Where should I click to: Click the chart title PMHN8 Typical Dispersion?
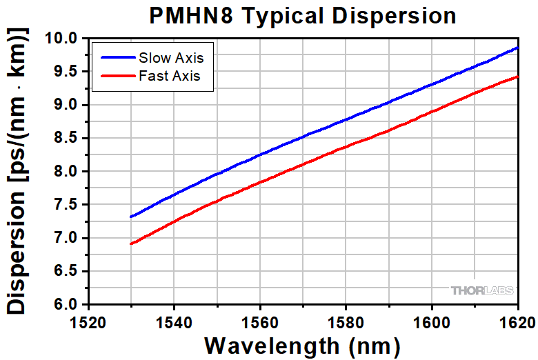click(x=303, y=15)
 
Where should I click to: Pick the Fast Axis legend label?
click(x=170, y=76)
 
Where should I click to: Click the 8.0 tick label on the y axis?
click(x=66, y=172)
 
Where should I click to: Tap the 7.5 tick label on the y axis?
click(x=66, y=205)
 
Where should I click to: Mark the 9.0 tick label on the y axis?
click(x=66, y=106)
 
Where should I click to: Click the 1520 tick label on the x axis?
click(x=88, y=321)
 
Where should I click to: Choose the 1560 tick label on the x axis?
click(x=259, y=321)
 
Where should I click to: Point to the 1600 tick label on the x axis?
click(x=431, y=321)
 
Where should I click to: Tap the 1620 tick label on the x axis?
click(x=516, y=321)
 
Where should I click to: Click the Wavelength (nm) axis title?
click(x=302, y=345)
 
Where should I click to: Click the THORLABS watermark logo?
click(x=482, y=290)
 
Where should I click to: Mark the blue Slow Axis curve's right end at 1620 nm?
click(x=517, y=48)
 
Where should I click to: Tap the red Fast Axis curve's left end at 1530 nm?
click(x=131, y=243)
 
